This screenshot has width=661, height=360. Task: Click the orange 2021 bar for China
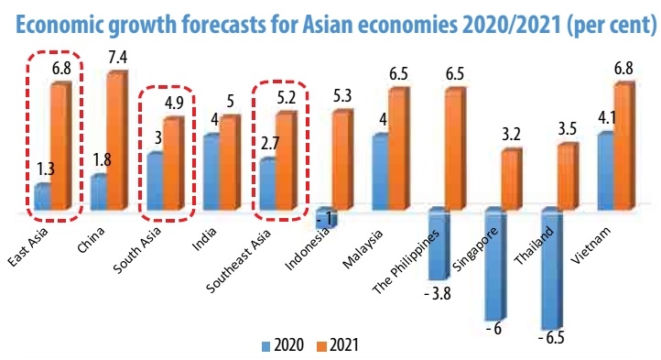click(x=115, y=141)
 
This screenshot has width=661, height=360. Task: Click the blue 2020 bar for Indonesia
click(x=324, y=218)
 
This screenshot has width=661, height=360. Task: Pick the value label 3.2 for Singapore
click(x=511, y=135)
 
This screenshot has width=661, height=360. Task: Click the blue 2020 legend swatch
click(x=267, y=346)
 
